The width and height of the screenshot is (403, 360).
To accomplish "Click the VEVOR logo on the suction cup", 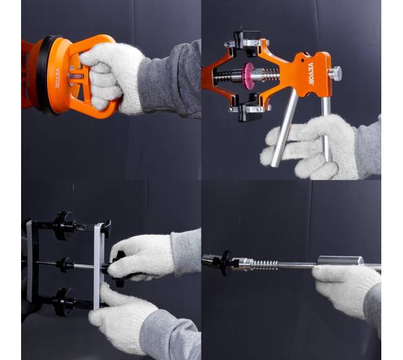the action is pos(57,78).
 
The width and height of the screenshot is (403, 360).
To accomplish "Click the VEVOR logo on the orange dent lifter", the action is pos(311,74).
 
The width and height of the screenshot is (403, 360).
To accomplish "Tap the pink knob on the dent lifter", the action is pos(248,76).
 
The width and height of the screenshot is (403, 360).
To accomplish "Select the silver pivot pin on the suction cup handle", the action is pos(75,76).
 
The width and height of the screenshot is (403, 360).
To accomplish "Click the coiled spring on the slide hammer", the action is pos(263,265).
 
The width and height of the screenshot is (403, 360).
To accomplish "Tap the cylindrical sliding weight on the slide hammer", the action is pos(340,260).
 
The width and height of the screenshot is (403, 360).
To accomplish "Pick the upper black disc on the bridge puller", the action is pos(61,226).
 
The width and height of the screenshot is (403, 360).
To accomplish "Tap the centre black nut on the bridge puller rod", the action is pos(64,265).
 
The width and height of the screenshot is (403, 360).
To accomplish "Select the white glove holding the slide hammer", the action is pos(346,291).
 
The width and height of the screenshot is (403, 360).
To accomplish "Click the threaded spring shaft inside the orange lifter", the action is pos(246,75).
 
